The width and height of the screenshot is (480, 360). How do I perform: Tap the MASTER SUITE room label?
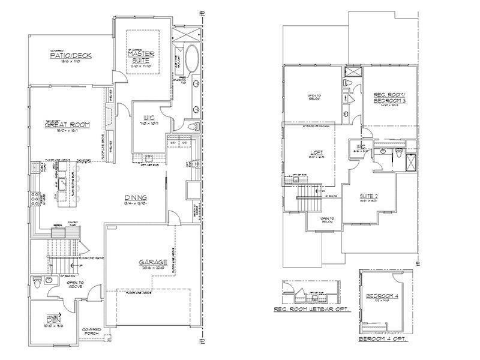(x=142, y=56)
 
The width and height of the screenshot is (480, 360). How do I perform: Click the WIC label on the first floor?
(x=149, y=118)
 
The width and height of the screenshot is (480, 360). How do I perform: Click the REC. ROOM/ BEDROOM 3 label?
(x=389, y=97)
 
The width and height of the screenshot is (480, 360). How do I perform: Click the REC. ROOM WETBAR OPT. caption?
(x=311, y=310)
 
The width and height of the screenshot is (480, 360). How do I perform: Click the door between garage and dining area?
(x=173, y=218)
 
